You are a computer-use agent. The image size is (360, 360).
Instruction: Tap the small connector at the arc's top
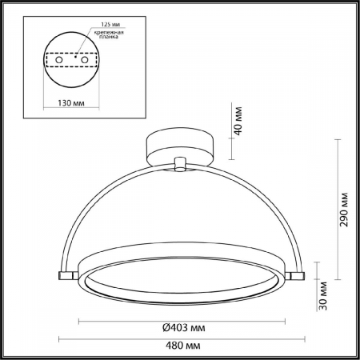click(180, 164)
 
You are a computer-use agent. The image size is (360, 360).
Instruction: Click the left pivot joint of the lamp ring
click(64, 275)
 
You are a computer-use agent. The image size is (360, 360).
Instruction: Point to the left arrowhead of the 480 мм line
click(60, 338)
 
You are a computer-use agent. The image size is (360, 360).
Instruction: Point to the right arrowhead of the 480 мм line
click(303, 338)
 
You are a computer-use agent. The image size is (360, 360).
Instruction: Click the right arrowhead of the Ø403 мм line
click(282, 320)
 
